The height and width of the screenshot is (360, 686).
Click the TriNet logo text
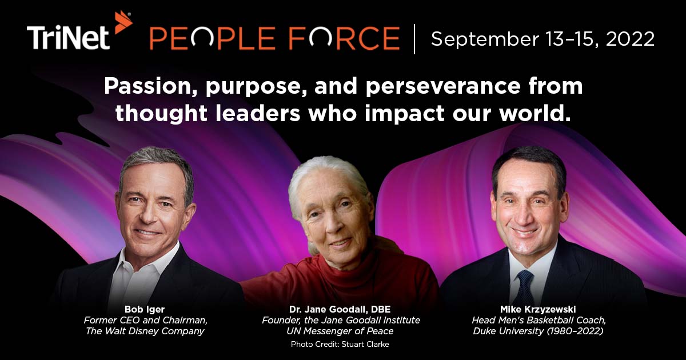(x=68, y=38)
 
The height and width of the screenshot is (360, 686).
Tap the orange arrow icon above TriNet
(x=122, y=21)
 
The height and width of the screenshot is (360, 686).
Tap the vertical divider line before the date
(x=415, y=39)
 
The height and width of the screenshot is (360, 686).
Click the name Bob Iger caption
(x=144, y=309)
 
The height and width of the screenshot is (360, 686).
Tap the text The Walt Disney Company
(x=144, y=331)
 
